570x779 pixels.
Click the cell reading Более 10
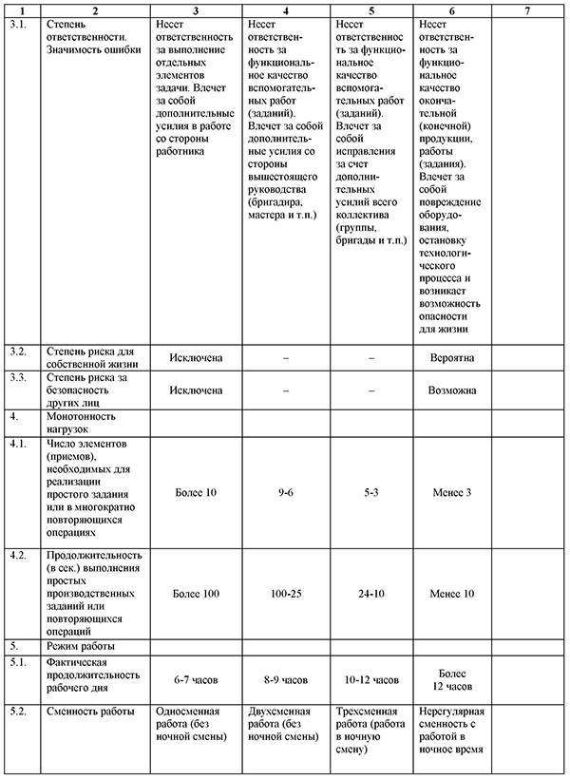click(x=196, y=492)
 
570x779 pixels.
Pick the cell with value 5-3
click(x=370, y=492)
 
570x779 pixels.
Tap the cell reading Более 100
click(x=196, y=593)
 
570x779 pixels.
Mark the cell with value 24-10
click(x=370, y=593)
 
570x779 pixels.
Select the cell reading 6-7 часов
click(x=196, y=679)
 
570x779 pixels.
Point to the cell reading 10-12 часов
click(x=370, y=679)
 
